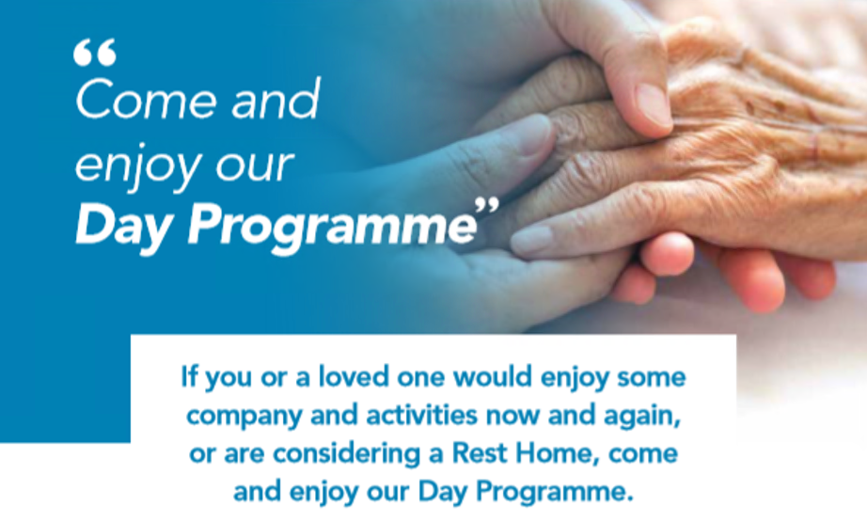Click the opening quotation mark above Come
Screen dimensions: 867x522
pos(95,52)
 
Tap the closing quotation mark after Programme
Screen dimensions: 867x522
pos(487,207)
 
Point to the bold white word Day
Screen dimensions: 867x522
pos(121,228)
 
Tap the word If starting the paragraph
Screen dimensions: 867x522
pos(189,376)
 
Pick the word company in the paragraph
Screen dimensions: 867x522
pos(244,417)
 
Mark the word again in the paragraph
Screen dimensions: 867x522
pos(642,417)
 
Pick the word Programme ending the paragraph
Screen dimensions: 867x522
pos(555,492)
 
